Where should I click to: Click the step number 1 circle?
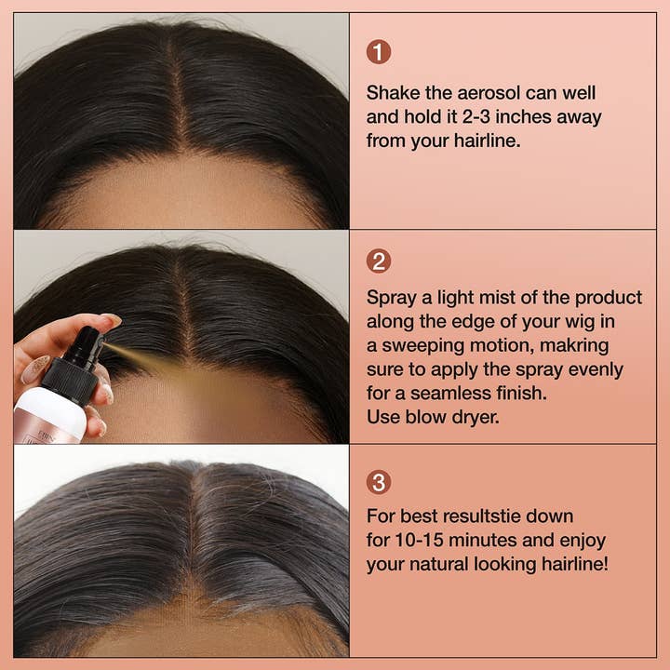coord(379,52)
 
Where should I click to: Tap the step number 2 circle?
coord(379,261)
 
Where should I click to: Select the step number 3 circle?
coord(379,482)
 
